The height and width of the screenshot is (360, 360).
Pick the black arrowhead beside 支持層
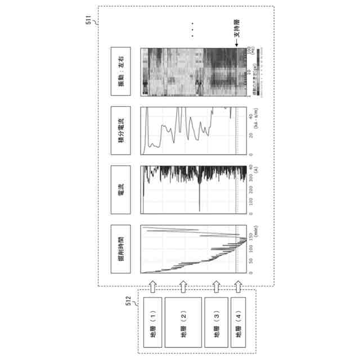(x=237, y=48)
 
